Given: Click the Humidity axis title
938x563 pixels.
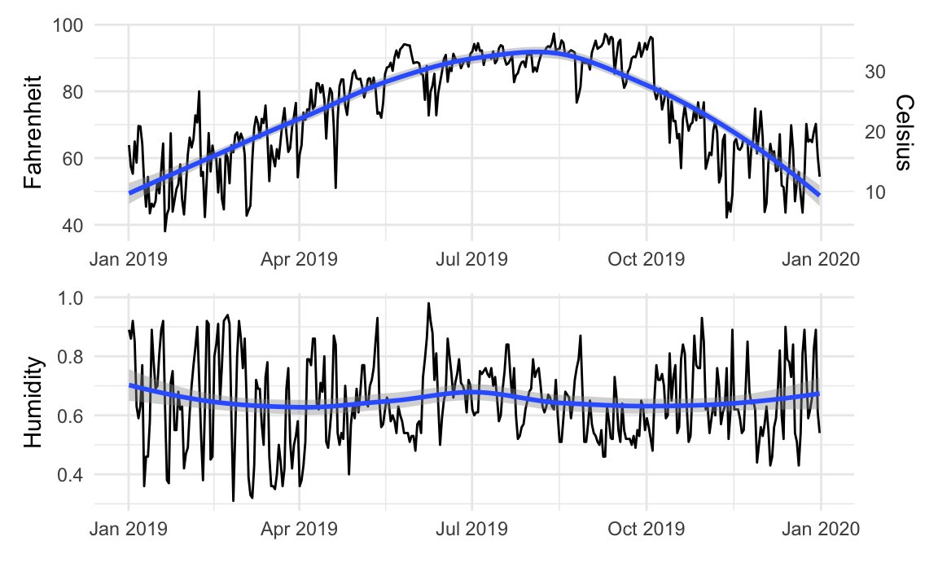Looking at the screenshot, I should [x=33, y=401].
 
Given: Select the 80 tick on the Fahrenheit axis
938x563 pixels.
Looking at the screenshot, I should [x=76, y=91].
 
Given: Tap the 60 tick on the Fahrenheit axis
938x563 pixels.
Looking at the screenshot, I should [x=76, y=158].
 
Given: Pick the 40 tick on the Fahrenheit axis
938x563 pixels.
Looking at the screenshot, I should [x=76, y=225].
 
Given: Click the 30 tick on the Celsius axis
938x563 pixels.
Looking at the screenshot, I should [x=875, y=71].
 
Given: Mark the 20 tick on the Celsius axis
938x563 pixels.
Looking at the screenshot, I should [x=875, y=131].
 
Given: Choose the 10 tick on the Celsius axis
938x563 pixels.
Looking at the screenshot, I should [x=875, y=192].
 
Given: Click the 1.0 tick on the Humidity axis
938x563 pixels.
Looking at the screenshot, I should [x=72, y=298].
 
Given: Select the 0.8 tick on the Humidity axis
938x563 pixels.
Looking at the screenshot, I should [x=72, y=357].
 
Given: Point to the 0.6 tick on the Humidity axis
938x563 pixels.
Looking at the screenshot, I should [x=72, y=416].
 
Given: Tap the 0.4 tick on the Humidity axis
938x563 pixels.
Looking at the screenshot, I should [x=72, y=474].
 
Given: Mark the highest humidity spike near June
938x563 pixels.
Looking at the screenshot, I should [x=427, y=305].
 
